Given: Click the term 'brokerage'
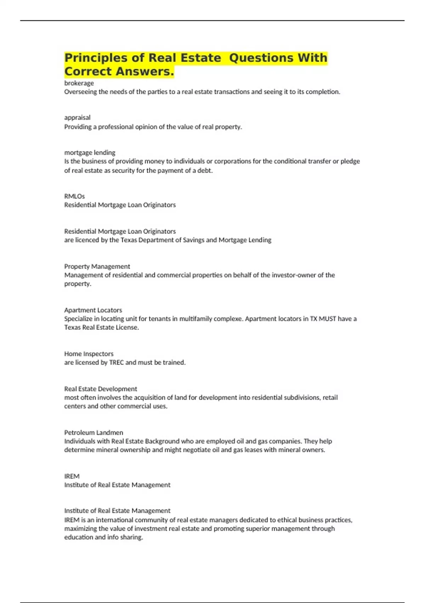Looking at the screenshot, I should (x=79, y=83).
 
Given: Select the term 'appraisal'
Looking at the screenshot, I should (x=77, y=117).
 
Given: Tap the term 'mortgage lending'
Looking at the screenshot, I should (x=90, y=153).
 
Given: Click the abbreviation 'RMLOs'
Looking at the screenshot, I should (x=74, y=196).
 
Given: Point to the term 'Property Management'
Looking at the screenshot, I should (x=97, y=266).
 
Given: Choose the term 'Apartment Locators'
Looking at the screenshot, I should (x=93, y=310).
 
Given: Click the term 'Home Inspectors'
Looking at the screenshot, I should (x=89, y=354).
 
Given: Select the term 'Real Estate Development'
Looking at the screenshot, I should (x=101, y=389).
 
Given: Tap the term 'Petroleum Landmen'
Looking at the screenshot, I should (x=93, y=432).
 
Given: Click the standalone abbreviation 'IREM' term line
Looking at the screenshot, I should (x=72, y=476).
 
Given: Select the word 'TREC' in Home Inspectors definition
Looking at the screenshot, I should (x=117, y=363).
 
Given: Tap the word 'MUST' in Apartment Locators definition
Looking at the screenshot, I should (x=327, y=319).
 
